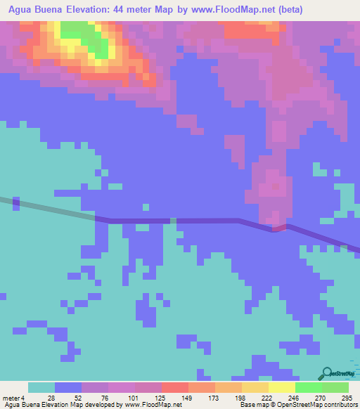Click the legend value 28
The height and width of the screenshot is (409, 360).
(x=51, y=398)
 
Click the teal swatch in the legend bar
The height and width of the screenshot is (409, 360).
(x=41, y=387)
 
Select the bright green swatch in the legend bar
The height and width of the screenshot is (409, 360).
(x=308, y=387)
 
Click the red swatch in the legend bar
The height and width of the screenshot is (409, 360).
(x=175, y=387)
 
